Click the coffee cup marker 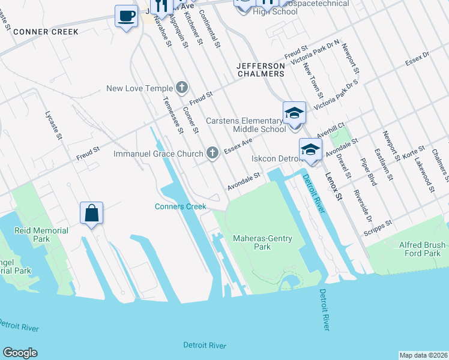tap(126, 16)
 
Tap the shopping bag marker tap(91, 213)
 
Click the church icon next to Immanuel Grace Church tap(212, 154)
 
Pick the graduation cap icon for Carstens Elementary tap(295, 113)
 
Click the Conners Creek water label tap(181, 206)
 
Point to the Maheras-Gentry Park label tap(262, 242)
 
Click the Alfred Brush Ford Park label tap(423, 249)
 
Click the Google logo tap(20, 353)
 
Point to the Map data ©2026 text tap(423, 355)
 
